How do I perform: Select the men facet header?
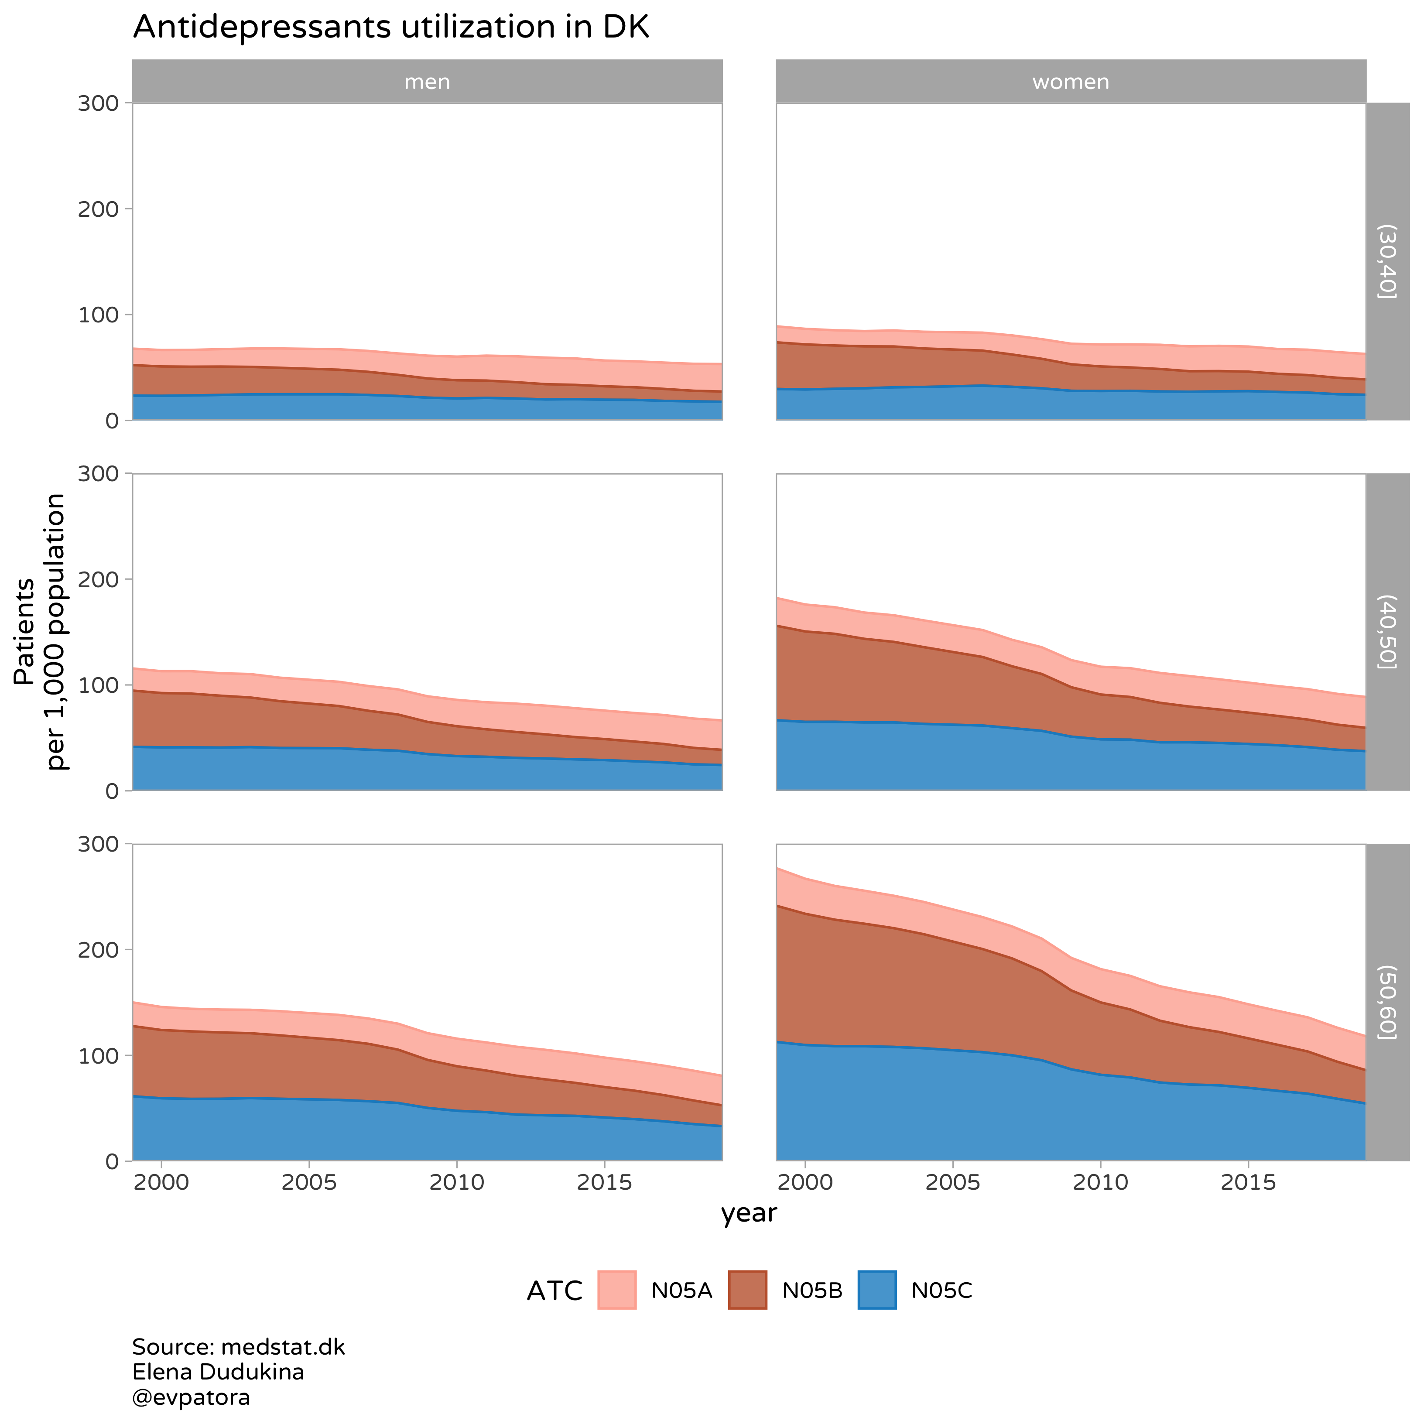[427, 82]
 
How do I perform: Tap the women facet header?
[1070, 82]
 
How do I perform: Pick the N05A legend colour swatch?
[616, 1290]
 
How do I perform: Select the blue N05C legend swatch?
[877, 1290]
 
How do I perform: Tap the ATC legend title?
[554, 1291]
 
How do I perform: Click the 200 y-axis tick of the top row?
[98, 209]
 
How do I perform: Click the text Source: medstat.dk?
[238, 1347]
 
